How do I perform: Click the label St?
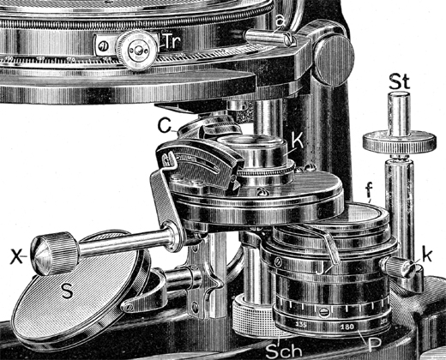coord(396,83)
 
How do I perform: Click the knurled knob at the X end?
coord(49,254)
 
